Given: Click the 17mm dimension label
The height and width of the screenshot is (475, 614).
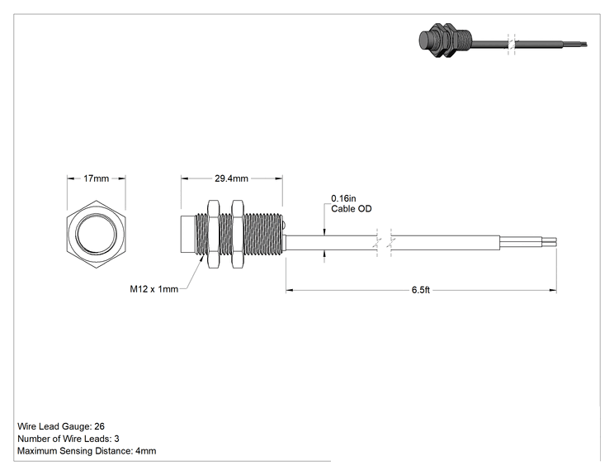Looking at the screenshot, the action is coord(96,178).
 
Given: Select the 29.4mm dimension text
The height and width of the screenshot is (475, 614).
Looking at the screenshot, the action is coord(231,178).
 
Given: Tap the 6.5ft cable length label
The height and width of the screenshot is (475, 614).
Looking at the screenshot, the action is coord(421,290).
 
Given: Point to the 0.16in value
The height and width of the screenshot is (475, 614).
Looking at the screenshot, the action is coord(343,198).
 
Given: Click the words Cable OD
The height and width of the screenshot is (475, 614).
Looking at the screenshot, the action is coord(352,208).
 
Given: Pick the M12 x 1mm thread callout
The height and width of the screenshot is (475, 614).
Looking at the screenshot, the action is coord(153,289).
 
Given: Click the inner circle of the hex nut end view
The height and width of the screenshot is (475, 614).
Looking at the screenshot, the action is coord(96,234).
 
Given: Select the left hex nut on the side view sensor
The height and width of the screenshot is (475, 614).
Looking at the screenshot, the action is coord(213,234).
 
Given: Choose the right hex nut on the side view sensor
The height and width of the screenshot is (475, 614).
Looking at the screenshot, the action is coord(238,234).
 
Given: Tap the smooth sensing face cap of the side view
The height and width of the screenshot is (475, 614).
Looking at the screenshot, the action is coord(187,234).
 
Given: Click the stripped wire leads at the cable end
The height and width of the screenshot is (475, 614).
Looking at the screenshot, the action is coord(528,243).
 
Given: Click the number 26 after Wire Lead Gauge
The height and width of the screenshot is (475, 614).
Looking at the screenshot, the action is coord(100,426).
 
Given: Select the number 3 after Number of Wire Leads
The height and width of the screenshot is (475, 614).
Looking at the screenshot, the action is coord(116,439).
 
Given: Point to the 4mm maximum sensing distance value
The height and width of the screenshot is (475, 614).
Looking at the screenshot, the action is coord(146,451).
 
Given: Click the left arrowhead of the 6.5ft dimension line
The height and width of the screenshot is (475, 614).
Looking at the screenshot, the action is coord(290,291).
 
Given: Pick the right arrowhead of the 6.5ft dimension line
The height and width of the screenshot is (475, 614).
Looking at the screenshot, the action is coord(553,291).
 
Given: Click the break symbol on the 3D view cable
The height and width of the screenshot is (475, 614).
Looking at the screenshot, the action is coord(512,44).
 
